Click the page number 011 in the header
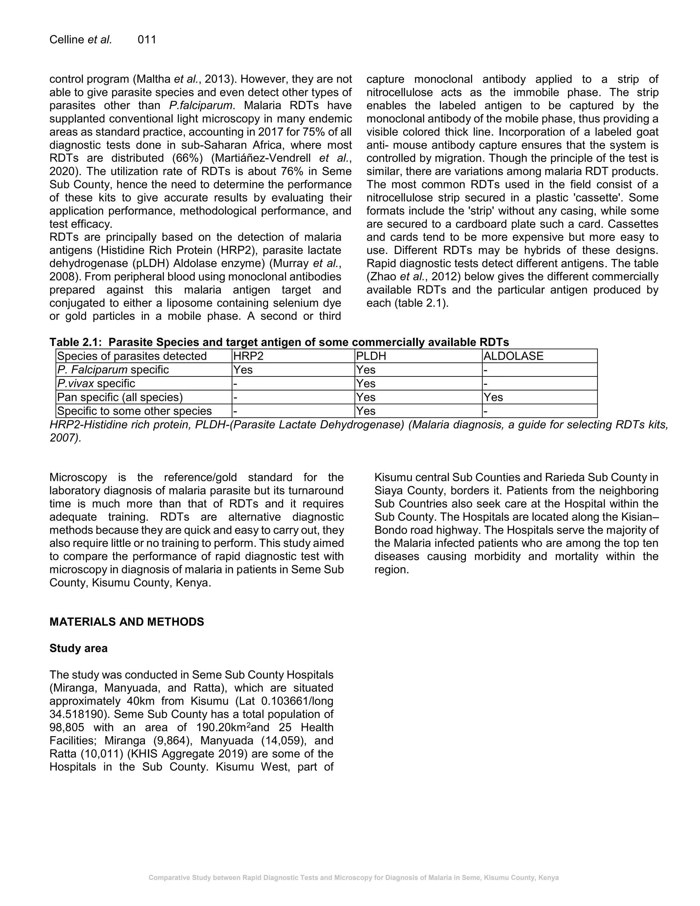click(x=147, y=40)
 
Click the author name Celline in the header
click(x=67, y=40)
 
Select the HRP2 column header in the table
click(x=248, y=356)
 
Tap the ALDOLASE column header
click(x=513, y=356)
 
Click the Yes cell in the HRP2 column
click(x=243, y=370)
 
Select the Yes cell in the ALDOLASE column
click(x=493, y=397)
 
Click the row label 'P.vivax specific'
click(x=96, y=383)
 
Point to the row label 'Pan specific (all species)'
click(x=120, y=397)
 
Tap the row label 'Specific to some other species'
click(x=134, y=411)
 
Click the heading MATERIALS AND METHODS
click(x=126, y=622)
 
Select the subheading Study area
click(x=78, y=648)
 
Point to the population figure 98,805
click(x=67, y=728)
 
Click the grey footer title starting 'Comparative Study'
click(x=353, y=878)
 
